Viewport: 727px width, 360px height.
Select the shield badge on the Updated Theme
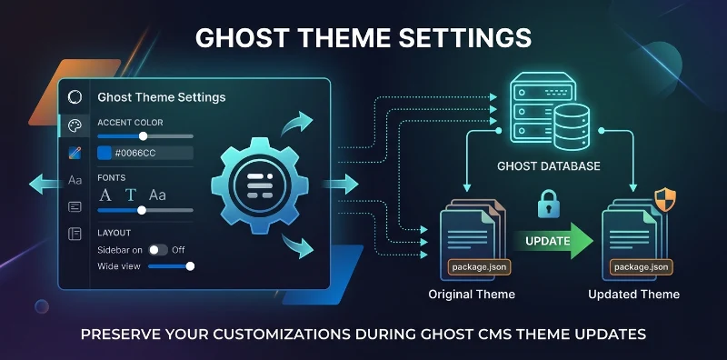click(665, 200)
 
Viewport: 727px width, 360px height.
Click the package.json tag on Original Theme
click(473, 266)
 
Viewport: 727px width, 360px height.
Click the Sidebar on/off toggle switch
click(159, 249)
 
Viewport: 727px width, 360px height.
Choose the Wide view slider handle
click(190, 266)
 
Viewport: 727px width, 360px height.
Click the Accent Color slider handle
click(143, 136)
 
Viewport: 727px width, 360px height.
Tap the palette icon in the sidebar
click(75, 125)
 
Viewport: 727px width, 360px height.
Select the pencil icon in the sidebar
click(75, 153)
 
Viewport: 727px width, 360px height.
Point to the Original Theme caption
click(472, 295)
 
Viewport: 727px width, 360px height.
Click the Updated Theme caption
click(633, 295)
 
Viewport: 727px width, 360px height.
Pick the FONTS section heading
click(112, 178)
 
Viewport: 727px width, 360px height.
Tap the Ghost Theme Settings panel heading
click(161, 96)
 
